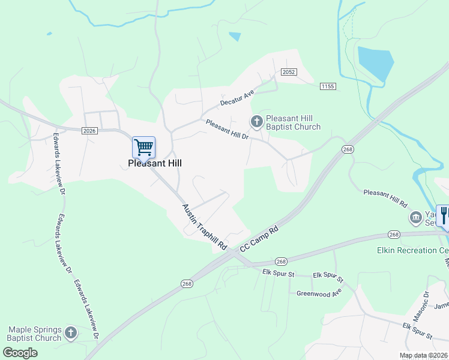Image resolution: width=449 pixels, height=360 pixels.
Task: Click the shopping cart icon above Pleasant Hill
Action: (143, 147)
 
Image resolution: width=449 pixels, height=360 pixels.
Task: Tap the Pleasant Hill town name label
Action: (155, 163)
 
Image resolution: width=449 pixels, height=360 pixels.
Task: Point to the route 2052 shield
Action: (289, 72)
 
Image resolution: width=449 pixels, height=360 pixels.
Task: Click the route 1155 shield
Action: (327, 86)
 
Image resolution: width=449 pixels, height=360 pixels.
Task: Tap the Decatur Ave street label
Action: (237, 98)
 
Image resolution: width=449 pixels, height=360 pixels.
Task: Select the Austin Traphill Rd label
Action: (204, 227)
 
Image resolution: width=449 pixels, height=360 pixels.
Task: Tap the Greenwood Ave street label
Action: (319, 293)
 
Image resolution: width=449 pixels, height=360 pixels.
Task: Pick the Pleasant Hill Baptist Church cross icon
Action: (257, 122)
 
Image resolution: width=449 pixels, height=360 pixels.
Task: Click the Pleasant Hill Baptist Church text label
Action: (293, 123)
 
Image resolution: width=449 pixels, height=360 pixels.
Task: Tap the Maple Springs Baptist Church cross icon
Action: (71, 333)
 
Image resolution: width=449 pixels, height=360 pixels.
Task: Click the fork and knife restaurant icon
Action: (444, 215)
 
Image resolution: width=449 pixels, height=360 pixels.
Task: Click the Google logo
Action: (20, 353)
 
